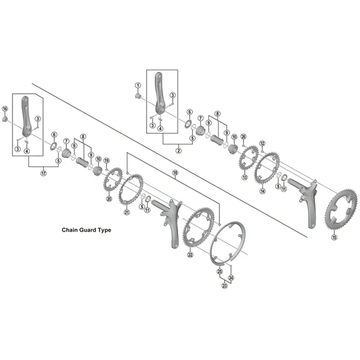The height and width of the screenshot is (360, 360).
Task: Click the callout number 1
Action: coord(138,85)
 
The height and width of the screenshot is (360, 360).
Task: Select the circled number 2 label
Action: coord(178,150)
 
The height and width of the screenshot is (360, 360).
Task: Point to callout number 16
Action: coord(5,109)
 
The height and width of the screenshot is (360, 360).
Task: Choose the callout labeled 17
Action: coord(44,174)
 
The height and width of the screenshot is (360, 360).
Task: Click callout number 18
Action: coord(175,173)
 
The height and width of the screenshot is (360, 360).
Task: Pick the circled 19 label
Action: coord(107,161)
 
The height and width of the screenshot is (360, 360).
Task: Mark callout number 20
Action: coord(109,199)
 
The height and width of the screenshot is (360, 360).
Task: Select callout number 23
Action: coord(224,285)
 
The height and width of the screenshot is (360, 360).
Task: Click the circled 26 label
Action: coord(243,136)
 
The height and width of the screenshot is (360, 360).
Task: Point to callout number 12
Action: coord(262,144)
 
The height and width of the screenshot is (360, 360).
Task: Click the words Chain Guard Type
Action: coord(86,229)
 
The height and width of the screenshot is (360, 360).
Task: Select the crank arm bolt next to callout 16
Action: coord(5,119)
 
